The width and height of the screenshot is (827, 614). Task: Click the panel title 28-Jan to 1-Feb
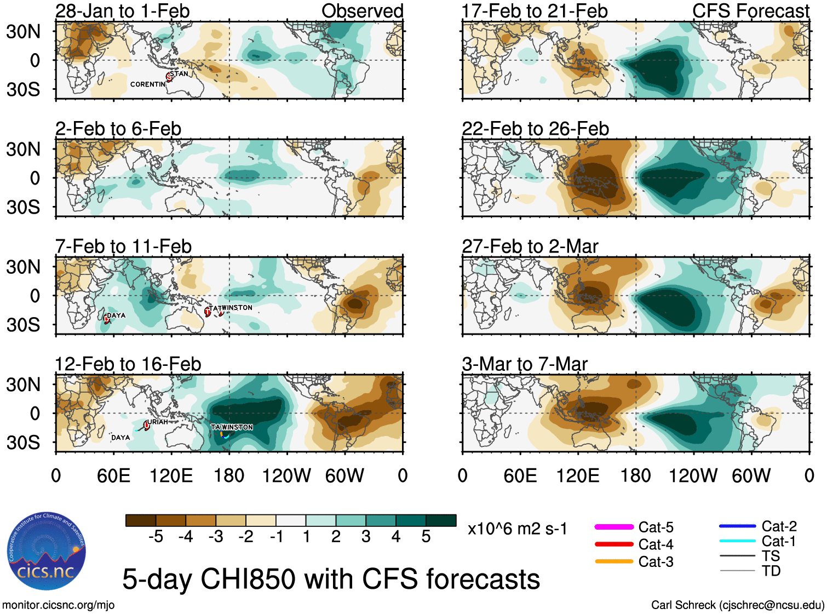122,11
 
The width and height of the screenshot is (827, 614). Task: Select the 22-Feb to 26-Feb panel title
535,129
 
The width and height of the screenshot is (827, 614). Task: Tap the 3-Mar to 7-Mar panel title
525,364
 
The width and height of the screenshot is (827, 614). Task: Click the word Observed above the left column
362,11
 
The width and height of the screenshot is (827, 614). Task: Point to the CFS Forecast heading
750,11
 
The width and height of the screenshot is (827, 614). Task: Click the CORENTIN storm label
147,84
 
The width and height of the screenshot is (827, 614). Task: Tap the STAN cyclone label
179,74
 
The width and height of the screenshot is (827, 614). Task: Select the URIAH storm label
158,422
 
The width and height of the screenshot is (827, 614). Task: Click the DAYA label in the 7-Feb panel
116,315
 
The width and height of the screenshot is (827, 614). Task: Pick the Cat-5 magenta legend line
614,527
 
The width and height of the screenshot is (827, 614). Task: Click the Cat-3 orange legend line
614,561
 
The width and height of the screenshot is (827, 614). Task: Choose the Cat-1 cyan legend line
737,541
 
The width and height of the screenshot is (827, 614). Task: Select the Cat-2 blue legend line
737,526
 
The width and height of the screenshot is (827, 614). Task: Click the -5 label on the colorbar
156,537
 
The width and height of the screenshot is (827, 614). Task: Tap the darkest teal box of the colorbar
441,520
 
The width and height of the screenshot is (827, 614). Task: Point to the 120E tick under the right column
577,475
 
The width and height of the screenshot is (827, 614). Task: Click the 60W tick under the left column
344,475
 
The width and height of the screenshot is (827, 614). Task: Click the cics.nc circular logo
47,551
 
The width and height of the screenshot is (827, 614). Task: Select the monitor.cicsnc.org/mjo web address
59,605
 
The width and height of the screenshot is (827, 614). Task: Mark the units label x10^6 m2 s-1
517,529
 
